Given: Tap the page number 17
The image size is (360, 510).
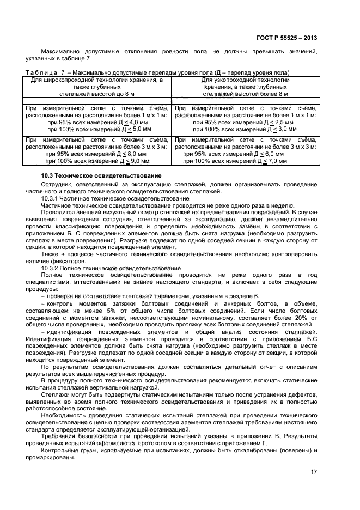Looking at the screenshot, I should pyautogui.click(x=314, y=472).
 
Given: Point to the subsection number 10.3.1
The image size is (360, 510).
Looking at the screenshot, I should pyautogui.click(x=52, y=199).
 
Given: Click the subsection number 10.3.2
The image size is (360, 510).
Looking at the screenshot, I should pyautogui.click(x=52, y=269).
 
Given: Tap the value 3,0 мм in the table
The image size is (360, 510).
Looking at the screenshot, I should pyautogui.click(x=283, y=129).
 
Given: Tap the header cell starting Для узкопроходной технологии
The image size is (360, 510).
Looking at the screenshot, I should pyautogui.click(x=246, y=87).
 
